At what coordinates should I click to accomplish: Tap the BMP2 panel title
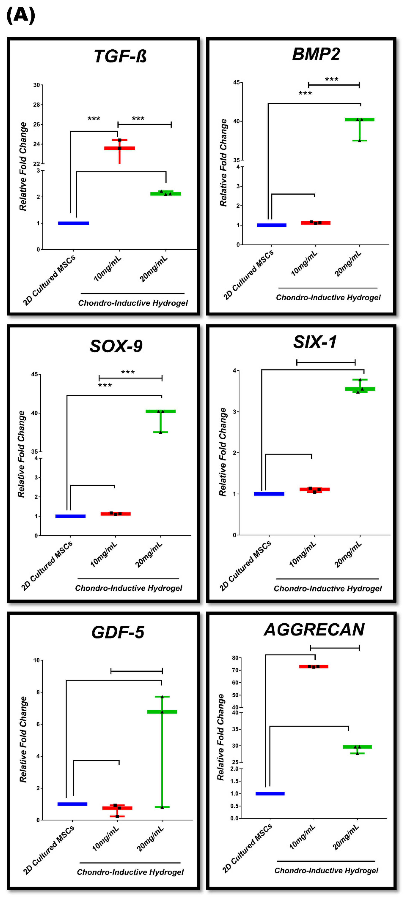click(316, 54)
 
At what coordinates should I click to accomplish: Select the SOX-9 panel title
click(116, 346)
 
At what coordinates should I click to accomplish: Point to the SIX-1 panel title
click(315, 342)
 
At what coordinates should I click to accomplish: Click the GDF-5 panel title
click(118, 632)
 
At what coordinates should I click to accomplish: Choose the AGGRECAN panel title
click(314, 630)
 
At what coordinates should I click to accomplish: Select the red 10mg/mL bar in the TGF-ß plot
click(119, 148)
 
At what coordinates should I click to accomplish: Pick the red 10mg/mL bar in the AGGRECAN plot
click(314, 666)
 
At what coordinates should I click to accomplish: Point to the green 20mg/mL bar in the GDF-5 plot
click(162, 712)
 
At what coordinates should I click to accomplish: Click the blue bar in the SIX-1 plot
click(269, 494)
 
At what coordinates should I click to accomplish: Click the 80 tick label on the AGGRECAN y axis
click(235, 658)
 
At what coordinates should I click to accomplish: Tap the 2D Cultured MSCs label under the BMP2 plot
click(248, 275)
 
